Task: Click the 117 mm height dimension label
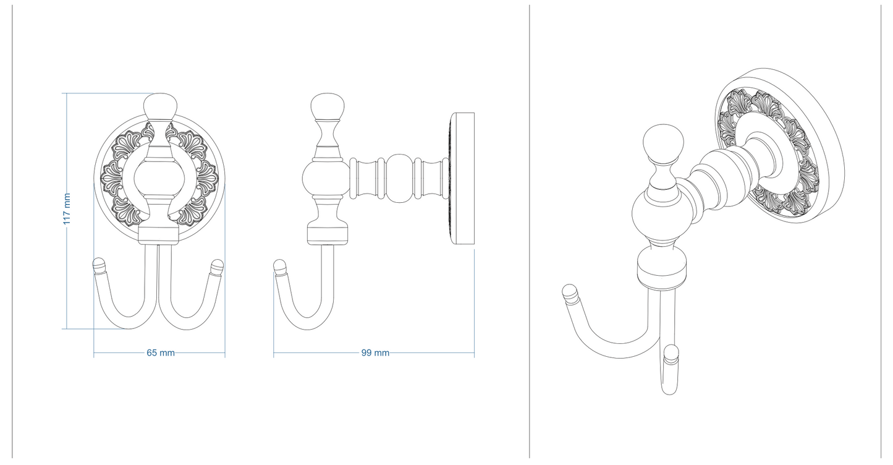[67, 209]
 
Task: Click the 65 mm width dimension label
[160, 353]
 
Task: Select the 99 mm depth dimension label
[375, 353]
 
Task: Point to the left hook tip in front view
[99, 267]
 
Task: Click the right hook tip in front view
[216, 267]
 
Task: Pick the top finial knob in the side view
[328, 107]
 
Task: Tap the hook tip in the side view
[280, 267]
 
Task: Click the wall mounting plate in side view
[462, 179]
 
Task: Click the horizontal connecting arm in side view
[396, 179]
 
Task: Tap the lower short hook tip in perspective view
[671, 355]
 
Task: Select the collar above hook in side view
[328, 234]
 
